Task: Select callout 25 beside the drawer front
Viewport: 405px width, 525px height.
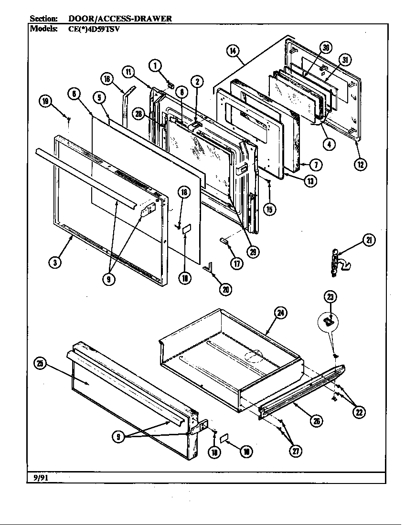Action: (x=41, y=364)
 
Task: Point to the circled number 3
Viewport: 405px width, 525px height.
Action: (x=56, y=262)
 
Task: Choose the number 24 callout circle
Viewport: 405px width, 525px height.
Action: (x=281, y=313)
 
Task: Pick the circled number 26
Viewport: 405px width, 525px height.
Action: (x=317, y=420)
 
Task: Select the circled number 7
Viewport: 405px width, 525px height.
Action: (x=315, y=165)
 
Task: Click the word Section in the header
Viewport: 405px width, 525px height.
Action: (x=44, y=19)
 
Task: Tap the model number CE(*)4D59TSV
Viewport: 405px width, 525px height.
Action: (x=94, y=28)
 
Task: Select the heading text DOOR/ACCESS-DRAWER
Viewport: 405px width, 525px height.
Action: (x=120, y=19)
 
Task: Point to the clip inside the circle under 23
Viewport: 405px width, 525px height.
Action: (x=328, y=323)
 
